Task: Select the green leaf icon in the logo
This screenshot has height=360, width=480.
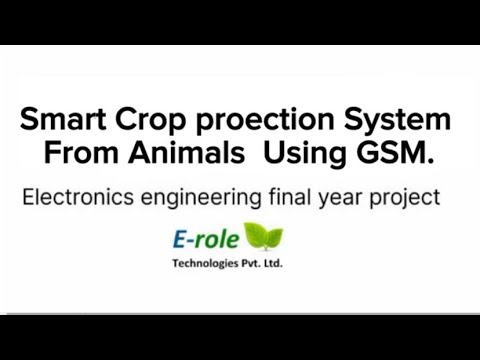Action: pos(263,236)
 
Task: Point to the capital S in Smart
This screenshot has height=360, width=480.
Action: pos(30,122)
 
